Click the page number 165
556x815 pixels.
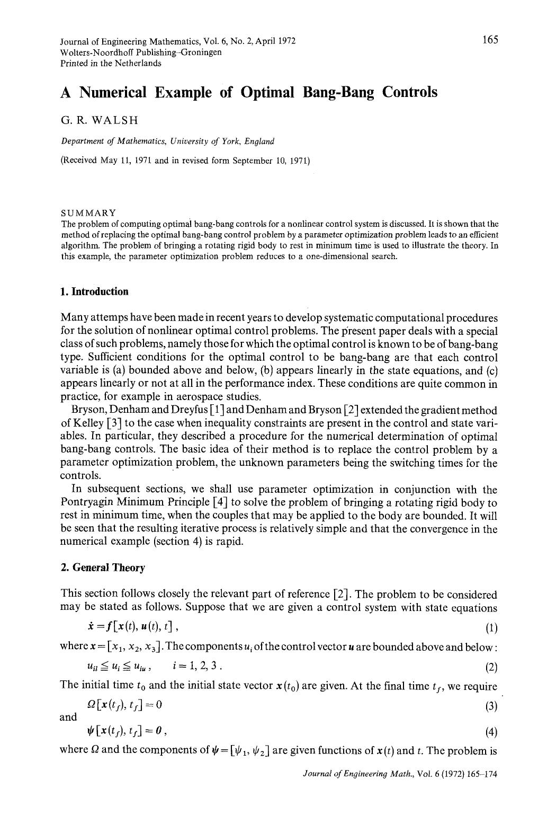[490, 40]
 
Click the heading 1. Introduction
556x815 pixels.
[95, 291]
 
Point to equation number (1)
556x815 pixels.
[491, 628]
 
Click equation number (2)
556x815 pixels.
[491, 667]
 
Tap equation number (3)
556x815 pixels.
[491, 706]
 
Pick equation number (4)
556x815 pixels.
[491, 732]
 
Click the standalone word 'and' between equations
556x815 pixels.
[68, 717]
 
